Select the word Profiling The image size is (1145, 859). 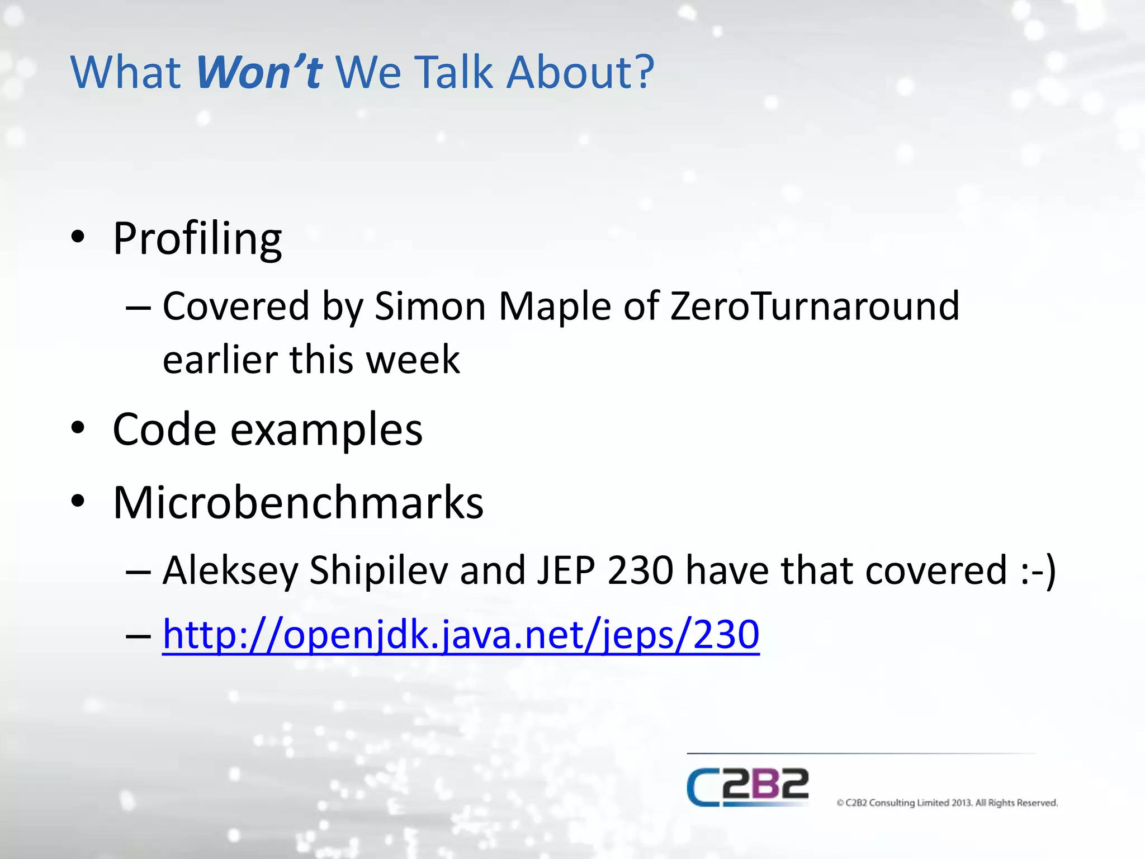197,239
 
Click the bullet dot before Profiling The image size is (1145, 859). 78,237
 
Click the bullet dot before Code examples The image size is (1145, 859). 78,428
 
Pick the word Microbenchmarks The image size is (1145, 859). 298,502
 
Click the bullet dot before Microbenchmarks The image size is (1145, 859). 78,501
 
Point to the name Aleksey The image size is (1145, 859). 230,570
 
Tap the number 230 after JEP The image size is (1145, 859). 640,570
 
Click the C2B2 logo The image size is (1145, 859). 747,787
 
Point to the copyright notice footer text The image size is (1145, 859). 947,803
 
